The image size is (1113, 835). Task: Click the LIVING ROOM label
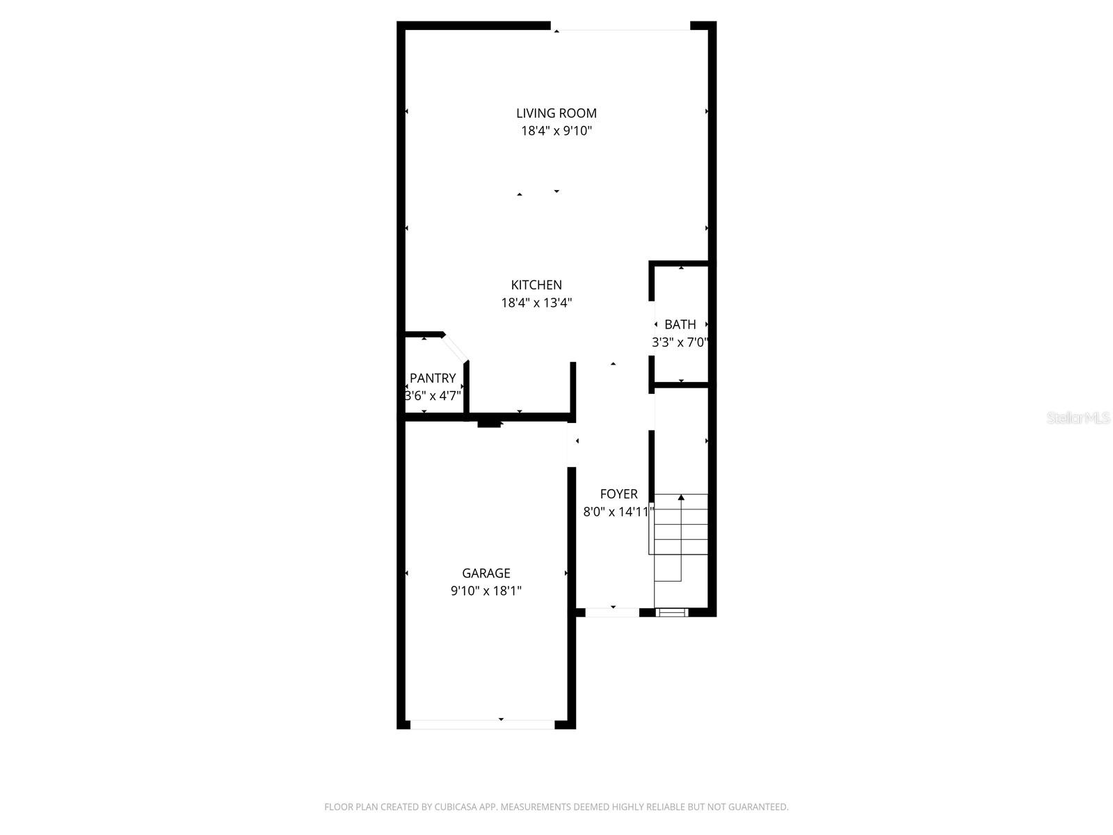pyautogui.click(x=556, y=113)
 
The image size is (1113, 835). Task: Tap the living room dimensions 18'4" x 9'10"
pyautogui.click(x=556, y=131)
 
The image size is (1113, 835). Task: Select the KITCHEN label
pyautogui.click(x=536, y=285)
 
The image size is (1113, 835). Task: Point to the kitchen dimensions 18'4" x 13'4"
pyautogui.click(x=536, y=303)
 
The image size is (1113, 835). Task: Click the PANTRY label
pyautogui.click(x=433, y=378)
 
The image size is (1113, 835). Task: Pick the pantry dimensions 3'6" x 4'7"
pyautogui.click(x=433, y=396)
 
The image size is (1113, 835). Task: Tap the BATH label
pyautogui.click(x=680, y=324)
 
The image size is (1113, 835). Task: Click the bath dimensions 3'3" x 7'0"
pyautogui.click(x=680, y=342)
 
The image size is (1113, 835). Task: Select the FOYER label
pyautogui.click(x=618, y=494)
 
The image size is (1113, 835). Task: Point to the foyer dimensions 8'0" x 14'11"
pyautogui.click(x=618, y=512)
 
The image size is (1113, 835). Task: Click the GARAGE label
pyautogui.click(x=486, y=573)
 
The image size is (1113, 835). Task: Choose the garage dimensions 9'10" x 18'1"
pyautogui.click(x=486, y=591)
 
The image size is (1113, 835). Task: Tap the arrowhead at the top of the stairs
pyautogui.click(x=681, y=498)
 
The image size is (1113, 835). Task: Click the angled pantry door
pyautogui.click(x=456, y=348)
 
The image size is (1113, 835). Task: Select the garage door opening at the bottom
pyautogui.click(x=482, y=724)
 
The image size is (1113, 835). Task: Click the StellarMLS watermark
pyautogui.click(x=1078, y=418)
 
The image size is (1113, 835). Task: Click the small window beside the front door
pyautogui.click(x=672, y=612)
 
